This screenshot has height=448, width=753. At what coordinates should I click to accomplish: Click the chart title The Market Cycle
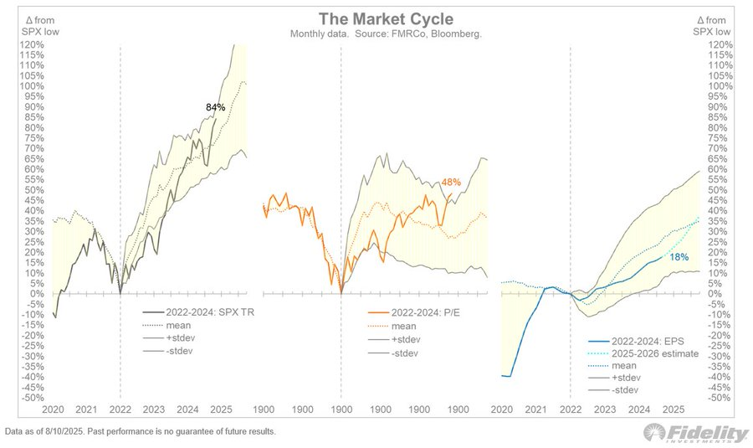pos(376,19)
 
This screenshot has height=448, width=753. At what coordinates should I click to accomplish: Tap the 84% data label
pos(216,107)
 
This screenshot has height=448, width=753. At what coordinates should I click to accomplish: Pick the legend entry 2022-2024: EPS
pos(628,342)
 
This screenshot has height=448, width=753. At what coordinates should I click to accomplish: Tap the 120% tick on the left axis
pos(33,44)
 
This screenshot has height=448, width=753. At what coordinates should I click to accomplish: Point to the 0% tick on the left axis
pos(38,293)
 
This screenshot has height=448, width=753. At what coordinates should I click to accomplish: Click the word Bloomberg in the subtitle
pos(459,33)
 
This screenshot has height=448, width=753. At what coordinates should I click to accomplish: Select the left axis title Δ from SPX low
pos(28,25)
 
